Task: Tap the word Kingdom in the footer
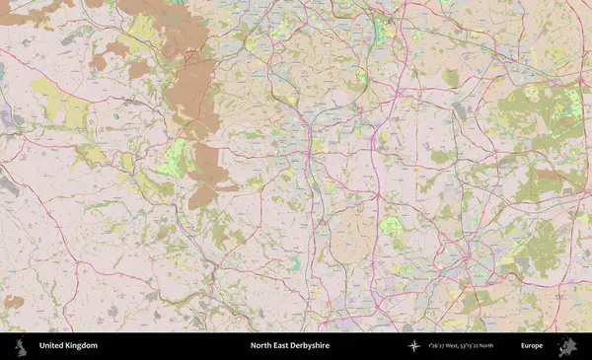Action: point(81,346)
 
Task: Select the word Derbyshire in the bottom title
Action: point(311,346)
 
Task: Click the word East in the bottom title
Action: point(281,346)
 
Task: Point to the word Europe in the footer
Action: point(532,346)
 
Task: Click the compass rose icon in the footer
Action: point(414,346)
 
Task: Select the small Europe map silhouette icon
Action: point(567,346)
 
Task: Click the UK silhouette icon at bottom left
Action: point(20,346)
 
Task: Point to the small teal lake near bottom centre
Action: point(294,263)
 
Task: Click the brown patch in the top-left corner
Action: point(35,12)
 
